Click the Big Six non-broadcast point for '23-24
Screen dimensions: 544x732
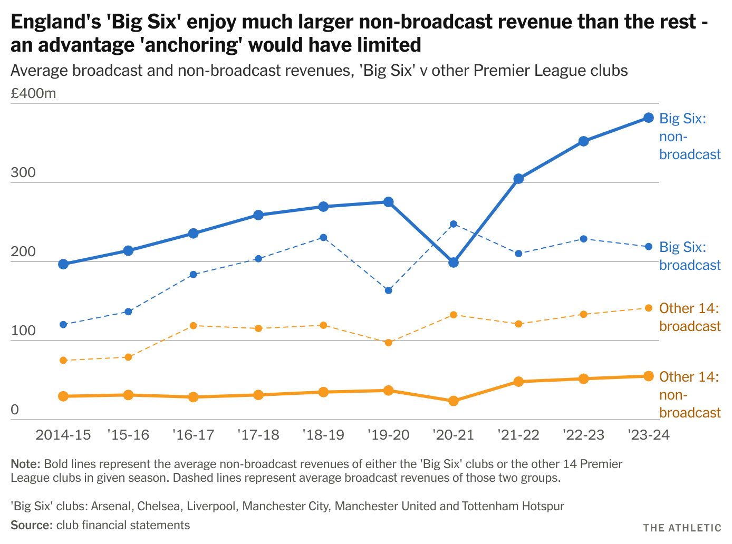point(649,118)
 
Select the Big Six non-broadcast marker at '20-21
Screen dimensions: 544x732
point(454,262)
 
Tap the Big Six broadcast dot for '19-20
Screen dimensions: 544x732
point(389,290)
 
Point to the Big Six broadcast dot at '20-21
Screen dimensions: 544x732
point(454,224)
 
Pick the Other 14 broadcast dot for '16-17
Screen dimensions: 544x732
point(194,326)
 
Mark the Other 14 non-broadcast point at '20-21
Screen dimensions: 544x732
point(454,401)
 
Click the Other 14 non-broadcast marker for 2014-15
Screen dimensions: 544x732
point(63,396)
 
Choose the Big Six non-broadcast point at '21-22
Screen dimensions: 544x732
point(518,179)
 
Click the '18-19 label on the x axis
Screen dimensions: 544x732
point(323,435)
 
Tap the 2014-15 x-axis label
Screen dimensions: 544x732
point(63,435)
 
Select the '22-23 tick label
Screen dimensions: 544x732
point(583,435)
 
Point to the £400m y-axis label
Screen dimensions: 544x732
point(33,94)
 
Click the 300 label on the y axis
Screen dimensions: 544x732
point(23,173)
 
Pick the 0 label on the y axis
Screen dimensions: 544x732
point(15,410)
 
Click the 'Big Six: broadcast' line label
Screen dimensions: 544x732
point(690,256)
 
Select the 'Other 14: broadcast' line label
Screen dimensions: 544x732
point(690,317)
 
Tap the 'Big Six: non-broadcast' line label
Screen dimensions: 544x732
point(690,136)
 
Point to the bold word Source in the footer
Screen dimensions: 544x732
point(31,525)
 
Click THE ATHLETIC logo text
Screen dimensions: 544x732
point(682,528)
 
